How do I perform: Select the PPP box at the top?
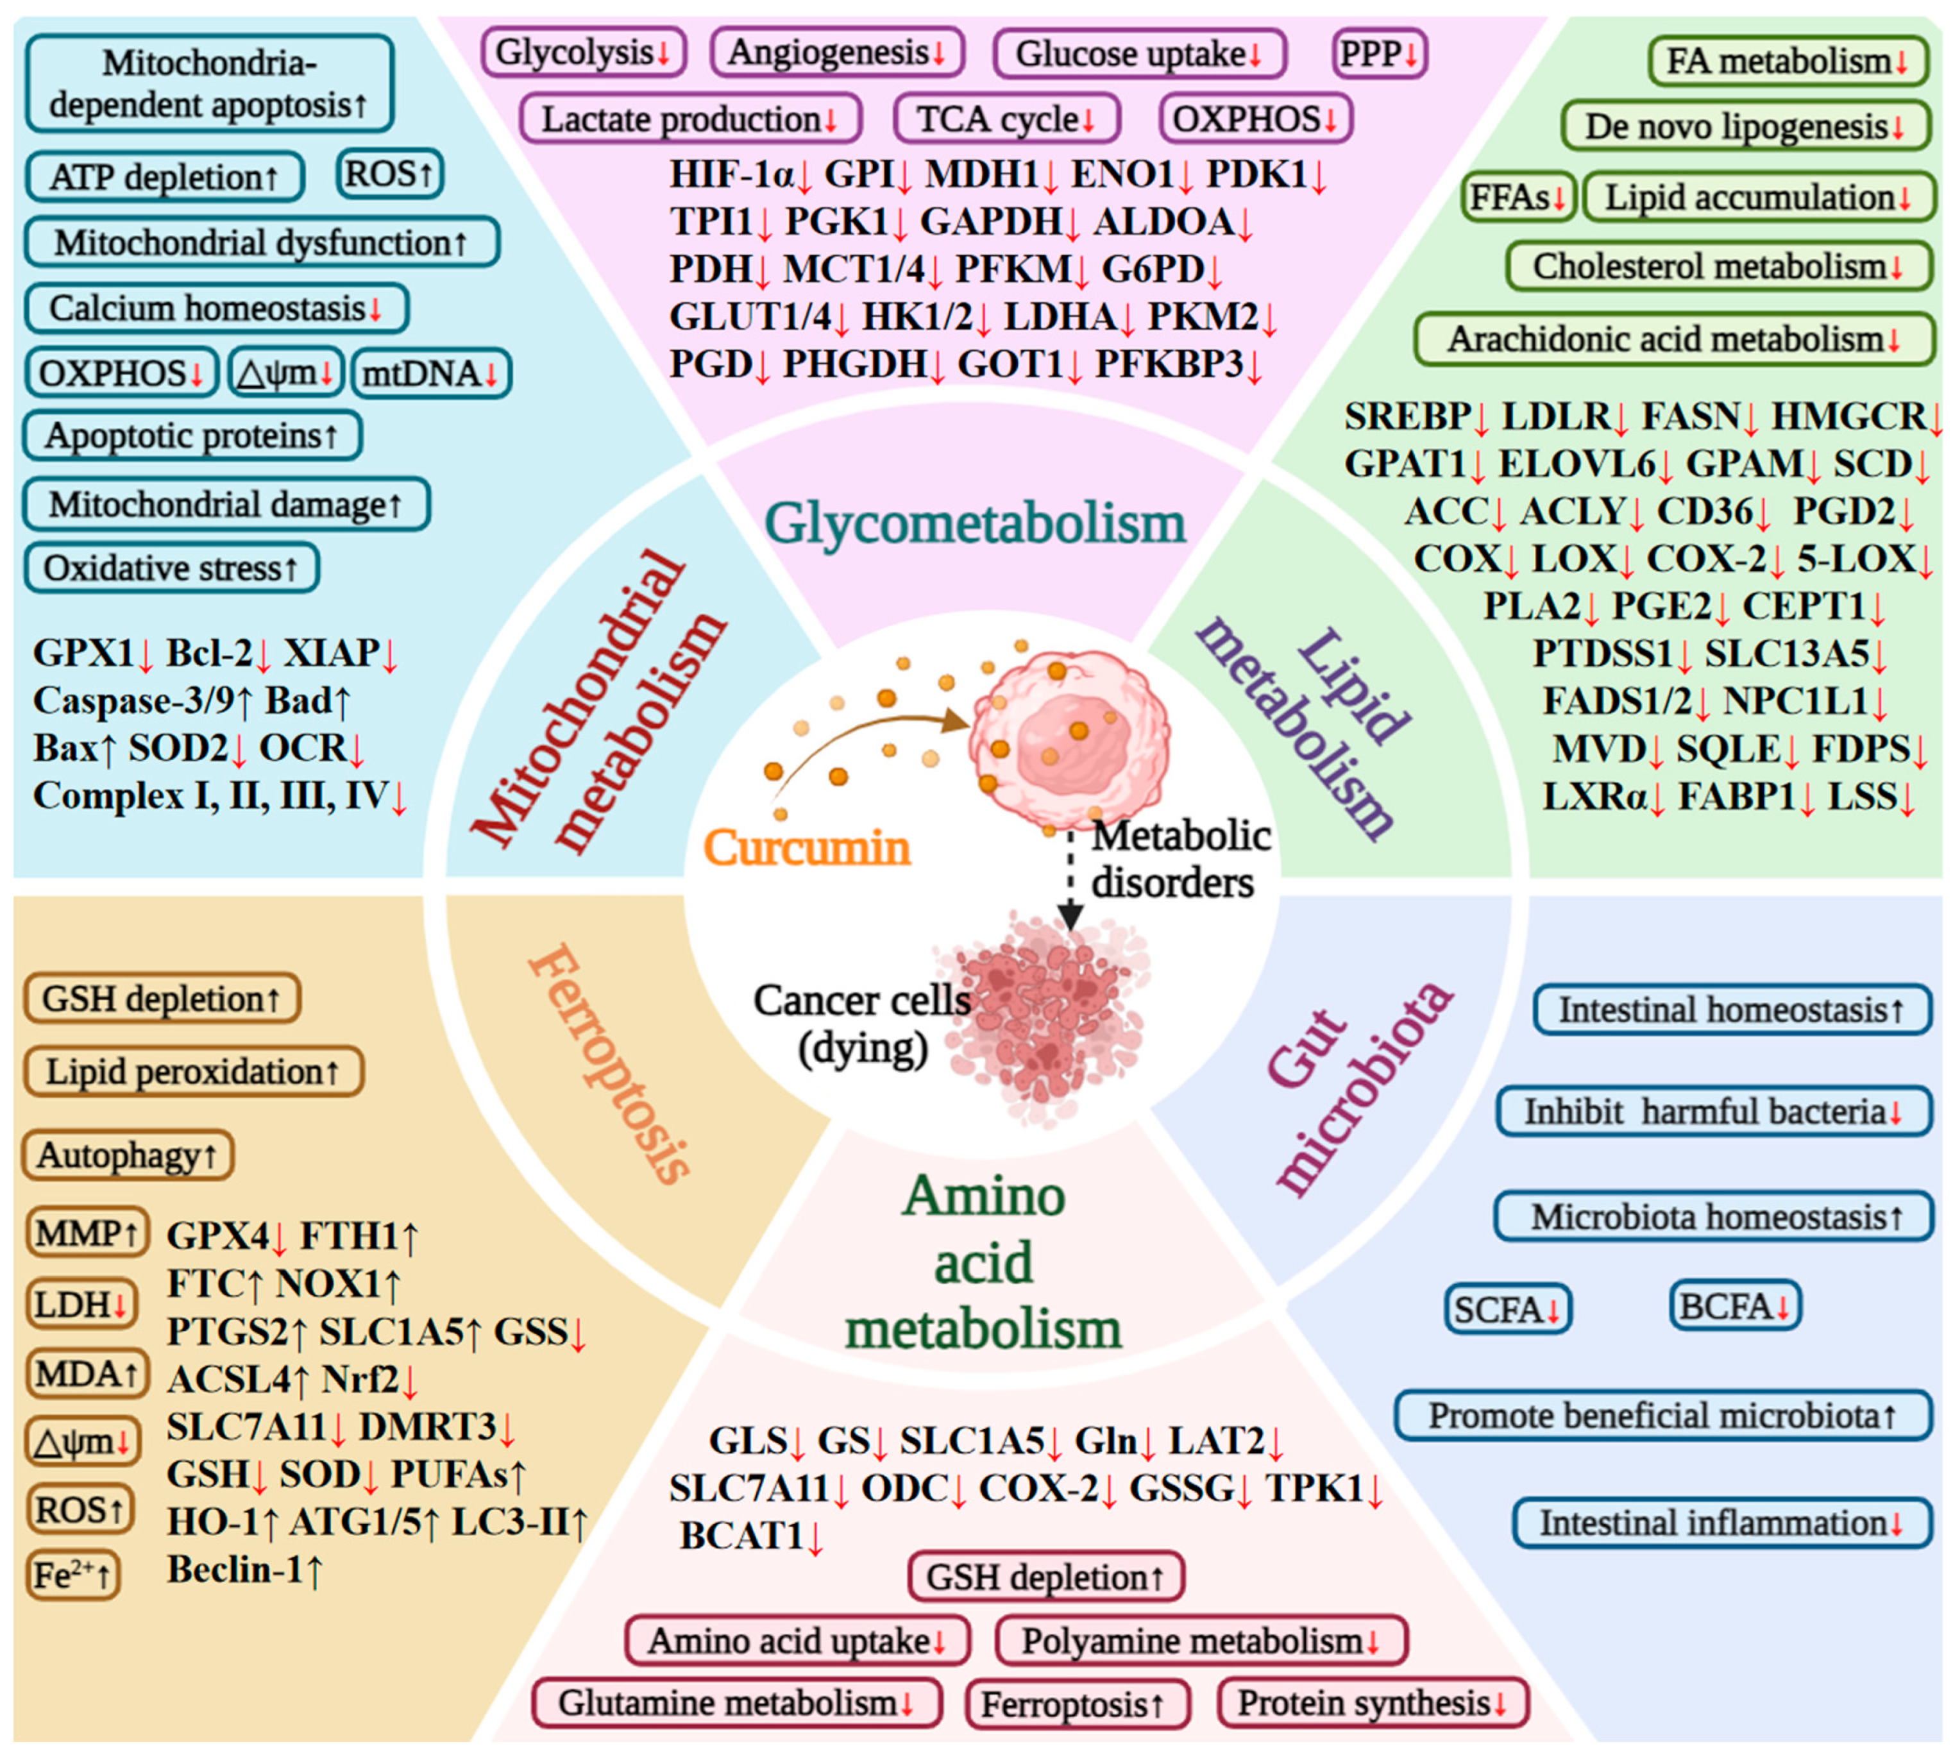[1379, 54]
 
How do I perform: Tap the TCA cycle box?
[1006, 119]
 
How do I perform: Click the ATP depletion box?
[164, 177]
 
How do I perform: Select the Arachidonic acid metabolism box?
[1674, 339]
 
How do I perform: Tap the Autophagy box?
[127, 1155]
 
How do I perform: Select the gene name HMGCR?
[1847, 416]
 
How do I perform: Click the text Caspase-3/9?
[135, 701]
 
